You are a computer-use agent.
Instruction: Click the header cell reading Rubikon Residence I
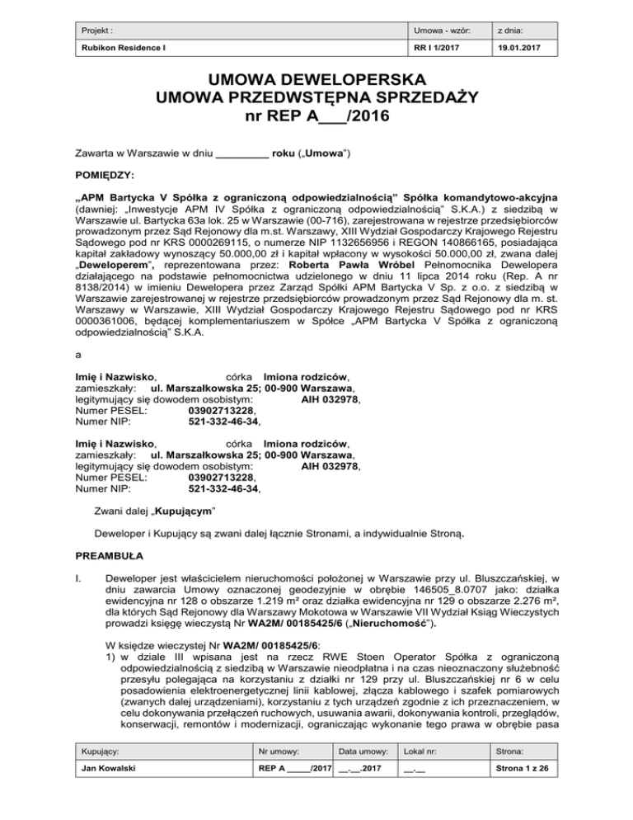click(x=116, y=49)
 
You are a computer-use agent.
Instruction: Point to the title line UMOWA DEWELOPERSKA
click(x=316, y=81)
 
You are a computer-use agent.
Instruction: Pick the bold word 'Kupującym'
click(x=182, y=511)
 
